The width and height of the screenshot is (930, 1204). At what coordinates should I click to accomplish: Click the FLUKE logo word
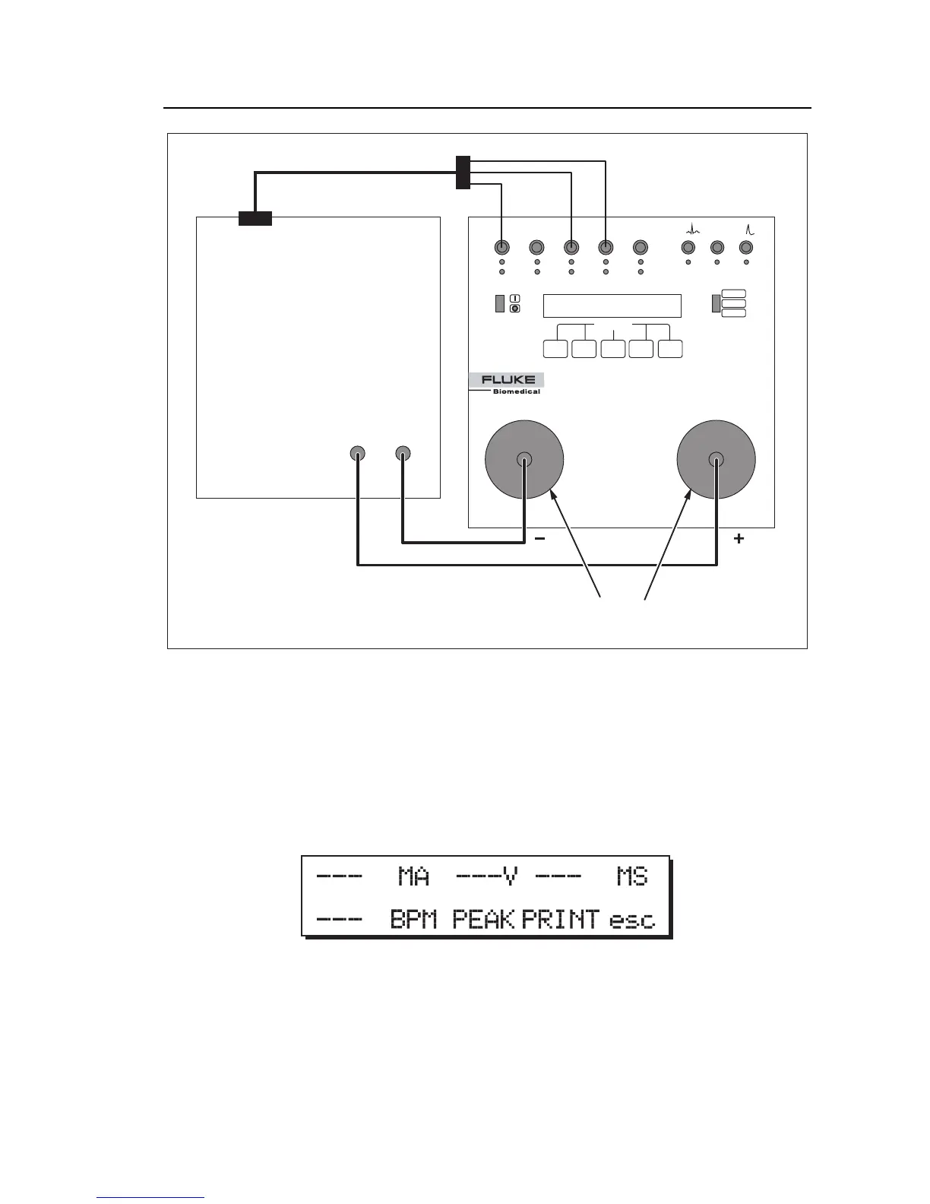point(508,380)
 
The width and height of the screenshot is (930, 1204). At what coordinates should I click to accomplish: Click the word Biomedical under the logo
point(517,392)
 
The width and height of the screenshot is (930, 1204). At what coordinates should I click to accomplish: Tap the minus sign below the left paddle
point(540,539)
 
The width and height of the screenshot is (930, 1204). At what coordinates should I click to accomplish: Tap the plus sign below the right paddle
point(739,539)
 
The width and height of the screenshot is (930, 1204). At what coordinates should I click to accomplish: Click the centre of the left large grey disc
point(524,459)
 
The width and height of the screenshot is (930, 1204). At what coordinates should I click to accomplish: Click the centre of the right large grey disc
point(716,459)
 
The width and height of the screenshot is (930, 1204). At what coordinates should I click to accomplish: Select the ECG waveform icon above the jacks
point(692,227)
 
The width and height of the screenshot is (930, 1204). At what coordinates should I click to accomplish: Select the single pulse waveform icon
point(748,227)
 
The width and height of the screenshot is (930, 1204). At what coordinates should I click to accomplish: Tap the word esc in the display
point(632,920)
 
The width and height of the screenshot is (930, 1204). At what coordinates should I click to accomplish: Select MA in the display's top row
point(414,877)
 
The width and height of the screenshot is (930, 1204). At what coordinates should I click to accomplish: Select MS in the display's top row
point(632,877)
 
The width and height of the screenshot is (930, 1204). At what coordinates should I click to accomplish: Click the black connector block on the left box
point(255,219)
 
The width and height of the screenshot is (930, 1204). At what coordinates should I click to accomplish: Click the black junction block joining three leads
point(463,173)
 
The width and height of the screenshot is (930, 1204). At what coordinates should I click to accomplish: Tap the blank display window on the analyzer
point(612,306)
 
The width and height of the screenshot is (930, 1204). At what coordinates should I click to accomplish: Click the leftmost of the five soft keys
point(556,349)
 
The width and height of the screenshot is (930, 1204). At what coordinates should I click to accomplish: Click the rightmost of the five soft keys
point(670,349)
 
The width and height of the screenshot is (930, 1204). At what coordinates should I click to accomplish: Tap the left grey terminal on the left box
point(357,454)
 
